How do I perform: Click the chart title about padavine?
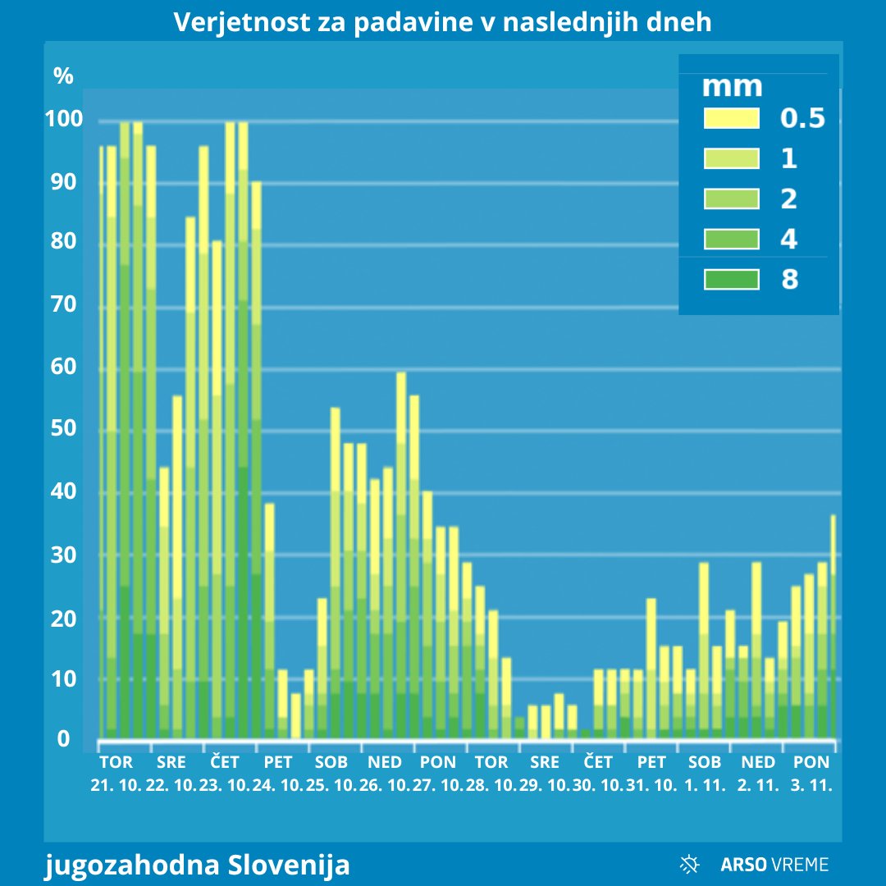pyautogui.click(x=443, y=22)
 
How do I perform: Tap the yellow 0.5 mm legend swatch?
pyautogui.click(x=731, y=118)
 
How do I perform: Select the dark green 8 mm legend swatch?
pyautogui.click(x=731, y=280)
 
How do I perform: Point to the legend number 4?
pyautogui.click(x=788, y=240)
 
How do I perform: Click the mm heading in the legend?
pyautogui.click(x=733, y=85)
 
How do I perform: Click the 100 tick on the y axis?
pyautogui.click(x=64, y=120)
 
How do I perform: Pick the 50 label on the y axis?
pyautogui.click(x=64, y=429)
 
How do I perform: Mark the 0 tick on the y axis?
pyautogui.click(x=63, y=740)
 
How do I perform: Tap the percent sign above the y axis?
pyautogui.click(x=63, y=76)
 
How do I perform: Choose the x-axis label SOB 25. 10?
pyautogui.click(x=331, y=774)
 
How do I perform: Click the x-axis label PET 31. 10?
pyautogui.click(x=652, y=774)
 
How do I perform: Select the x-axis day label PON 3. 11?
pyautogui.click(x=811, y=774)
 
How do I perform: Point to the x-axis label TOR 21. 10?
pyautogui.click(x=116, y=774)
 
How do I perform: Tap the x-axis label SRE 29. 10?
pyautogui.click(x=546, y=774)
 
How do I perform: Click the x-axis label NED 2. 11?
pyautogui.click(x=758, y=774)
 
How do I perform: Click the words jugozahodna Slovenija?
pyautogui.click(x=197, y=864)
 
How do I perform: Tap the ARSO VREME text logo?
pyautogui.click(x=774, y=864)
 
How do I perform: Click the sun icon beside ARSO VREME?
pyautogui.click(x=690, y=863)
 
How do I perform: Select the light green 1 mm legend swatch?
pyautogui.click(x=731, y=158)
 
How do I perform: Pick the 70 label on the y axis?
pyautogui.click(x=64, y=305)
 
